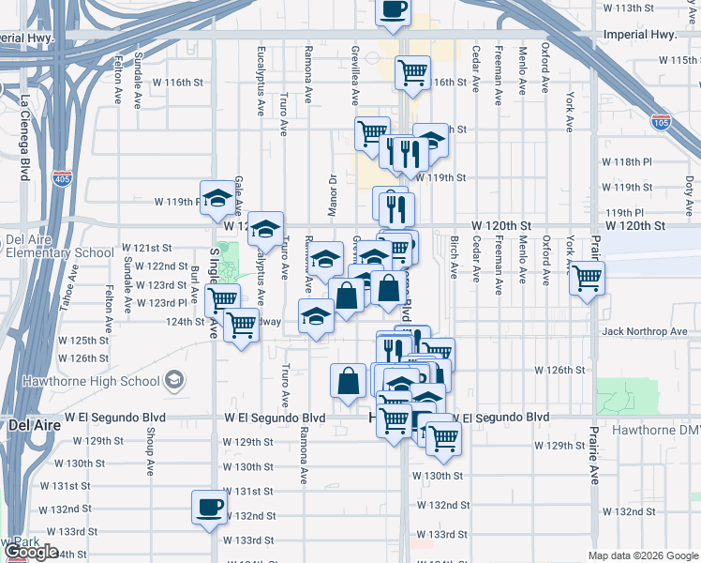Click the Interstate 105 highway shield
(660, 122)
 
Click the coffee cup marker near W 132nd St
(208, 507)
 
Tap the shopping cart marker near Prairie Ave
(587, 278)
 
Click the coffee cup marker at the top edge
(393, 10)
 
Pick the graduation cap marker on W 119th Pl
(217, 196)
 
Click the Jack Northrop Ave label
(645, 331)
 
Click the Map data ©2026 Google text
(643, 555)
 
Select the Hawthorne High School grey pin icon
(172, 380)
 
